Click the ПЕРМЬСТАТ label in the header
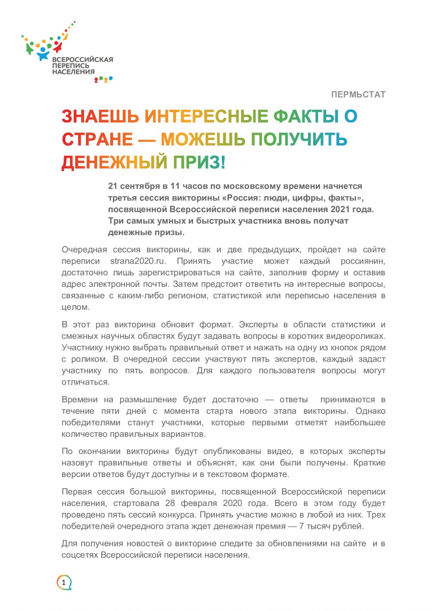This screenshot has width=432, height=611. click(358, 94)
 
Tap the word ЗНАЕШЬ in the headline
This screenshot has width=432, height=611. click(100, 116)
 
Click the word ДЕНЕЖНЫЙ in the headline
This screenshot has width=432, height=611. click(114, 162)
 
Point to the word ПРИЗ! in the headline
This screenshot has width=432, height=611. click(199, 162)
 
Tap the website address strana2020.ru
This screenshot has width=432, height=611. click(138, 261)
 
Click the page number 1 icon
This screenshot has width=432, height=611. click(64, 582)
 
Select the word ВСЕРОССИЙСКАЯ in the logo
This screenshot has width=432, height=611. click(83, 60)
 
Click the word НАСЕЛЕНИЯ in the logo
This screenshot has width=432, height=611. click(73, 72)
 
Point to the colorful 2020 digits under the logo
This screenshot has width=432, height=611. click(103, 79)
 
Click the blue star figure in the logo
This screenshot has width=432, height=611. click(43, 54)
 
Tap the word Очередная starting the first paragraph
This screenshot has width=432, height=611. click(84, 250)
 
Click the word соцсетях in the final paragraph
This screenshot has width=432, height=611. click(79, 555)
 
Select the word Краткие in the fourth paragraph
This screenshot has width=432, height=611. click(369, 463)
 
